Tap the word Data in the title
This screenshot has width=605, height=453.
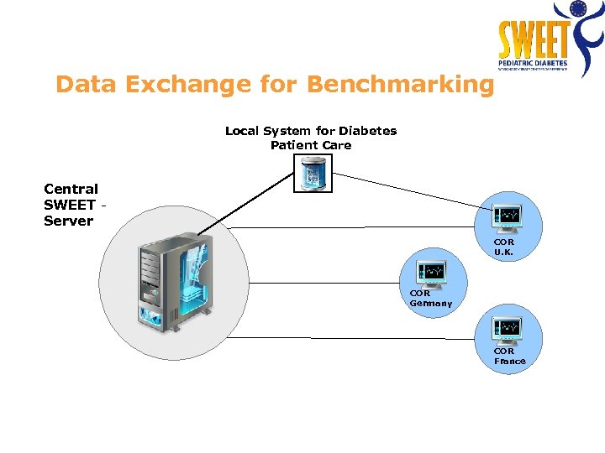[82, 85]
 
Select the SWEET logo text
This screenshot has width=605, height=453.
[534, 39]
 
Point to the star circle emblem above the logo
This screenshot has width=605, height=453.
[577, 9]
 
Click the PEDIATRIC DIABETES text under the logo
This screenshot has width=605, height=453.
[534, 63]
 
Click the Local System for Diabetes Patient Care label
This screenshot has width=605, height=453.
[311, 138]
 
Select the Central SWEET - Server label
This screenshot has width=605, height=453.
[71, 205]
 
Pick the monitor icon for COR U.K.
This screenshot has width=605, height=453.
[508, 218]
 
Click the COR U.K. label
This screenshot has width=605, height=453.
[504, 247]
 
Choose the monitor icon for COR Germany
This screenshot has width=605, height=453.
[431, 273]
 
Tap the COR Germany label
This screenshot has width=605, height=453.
[430, 299]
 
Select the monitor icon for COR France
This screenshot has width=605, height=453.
[508, 330]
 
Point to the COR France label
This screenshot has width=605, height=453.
[509, 357]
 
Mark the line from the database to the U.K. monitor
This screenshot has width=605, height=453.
[412, 190]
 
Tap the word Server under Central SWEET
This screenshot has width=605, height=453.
[68, 221]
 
